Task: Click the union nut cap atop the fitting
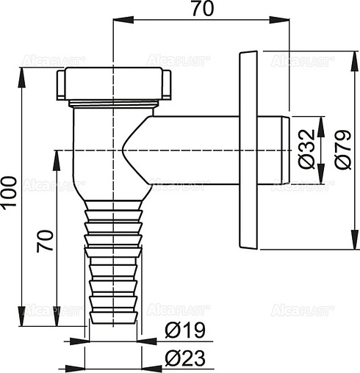point(113,84)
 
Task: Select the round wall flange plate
point(248,151)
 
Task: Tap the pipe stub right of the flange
point(276,150)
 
